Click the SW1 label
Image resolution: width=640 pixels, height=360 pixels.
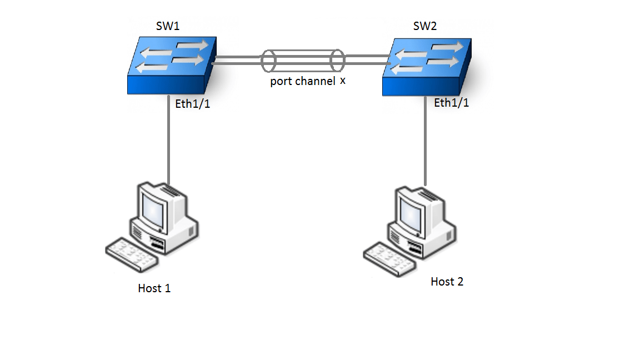click(169, 26)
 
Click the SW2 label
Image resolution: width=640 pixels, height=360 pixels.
click(425, 27)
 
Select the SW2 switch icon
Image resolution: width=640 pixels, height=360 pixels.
click(427, 67)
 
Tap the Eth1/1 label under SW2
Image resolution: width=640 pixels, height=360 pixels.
click(451, 103)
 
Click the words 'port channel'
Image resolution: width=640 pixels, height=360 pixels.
click(303, 82)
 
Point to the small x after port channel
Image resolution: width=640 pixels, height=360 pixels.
click(343, 81)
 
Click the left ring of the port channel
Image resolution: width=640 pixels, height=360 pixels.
click(268, 61)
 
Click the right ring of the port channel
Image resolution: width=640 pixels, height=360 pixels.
click(337, 61)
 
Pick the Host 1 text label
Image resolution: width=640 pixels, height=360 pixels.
click(154, 288)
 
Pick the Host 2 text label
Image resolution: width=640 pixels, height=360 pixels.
click(447, 282)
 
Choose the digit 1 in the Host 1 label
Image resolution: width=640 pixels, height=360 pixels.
click(167, 288)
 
